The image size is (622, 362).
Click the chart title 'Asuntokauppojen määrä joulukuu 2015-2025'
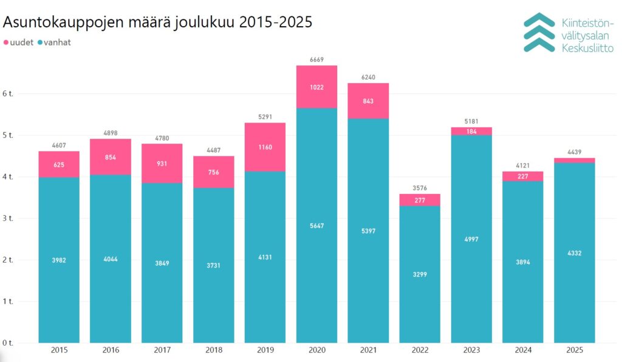158,22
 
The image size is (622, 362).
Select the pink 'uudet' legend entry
18,42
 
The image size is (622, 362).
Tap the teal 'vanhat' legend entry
55,42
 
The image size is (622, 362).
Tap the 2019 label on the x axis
265,350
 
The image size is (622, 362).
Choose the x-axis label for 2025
575,350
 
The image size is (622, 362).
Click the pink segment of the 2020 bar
316,87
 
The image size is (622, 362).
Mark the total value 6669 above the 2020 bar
316,59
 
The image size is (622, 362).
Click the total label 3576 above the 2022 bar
420,188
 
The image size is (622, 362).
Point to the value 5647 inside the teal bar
316,226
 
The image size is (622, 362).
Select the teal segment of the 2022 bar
420,274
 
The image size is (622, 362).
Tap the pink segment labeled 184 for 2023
471,131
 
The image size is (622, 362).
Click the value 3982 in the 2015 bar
59,260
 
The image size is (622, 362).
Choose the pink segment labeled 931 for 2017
162,164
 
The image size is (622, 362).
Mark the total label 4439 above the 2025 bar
575,152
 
